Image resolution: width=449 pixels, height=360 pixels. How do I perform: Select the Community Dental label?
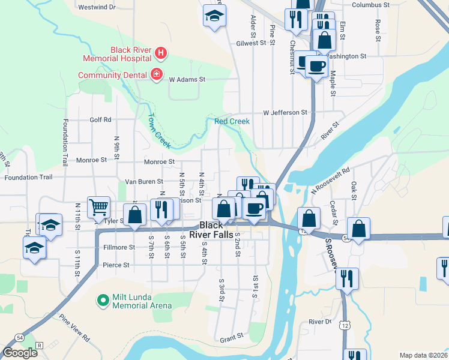113,75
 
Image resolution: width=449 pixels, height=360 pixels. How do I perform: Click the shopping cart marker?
98,207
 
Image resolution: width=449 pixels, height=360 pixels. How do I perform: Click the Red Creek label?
232,121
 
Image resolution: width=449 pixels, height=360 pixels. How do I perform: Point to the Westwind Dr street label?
97,7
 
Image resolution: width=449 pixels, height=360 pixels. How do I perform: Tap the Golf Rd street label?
101,119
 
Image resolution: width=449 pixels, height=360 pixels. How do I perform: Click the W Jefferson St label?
285,112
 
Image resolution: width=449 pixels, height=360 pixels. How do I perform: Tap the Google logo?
20,352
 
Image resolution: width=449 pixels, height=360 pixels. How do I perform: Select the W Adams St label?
187,79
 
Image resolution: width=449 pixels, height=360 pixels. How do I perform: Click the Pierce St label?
116,265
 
